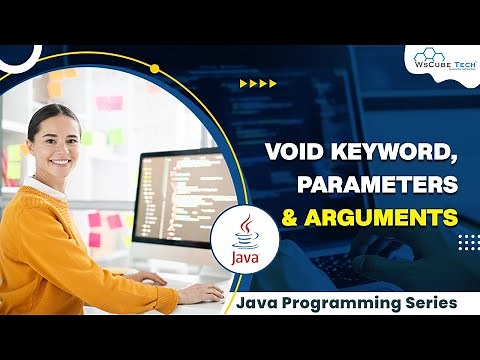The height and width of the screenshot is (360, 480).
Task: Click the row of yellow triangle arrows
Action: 259,84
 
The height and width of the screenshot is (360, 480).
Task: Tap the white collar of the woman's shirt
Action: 40,186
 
